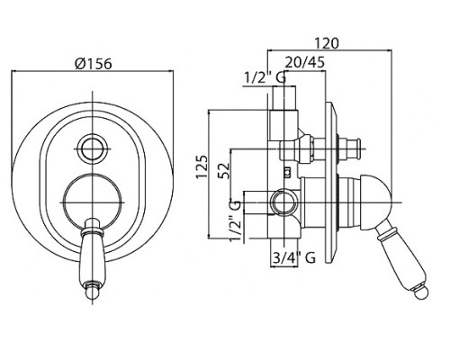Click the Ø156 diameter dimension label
click(94, 64)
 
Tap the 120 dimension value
click(327, 43)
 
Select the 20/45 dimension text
click(305, 62)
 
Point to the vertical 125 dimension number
click(202, 166)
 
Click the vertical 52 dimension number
click(224, 171)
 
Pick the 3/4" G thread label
click(294, 257)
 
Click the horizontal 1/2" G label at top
click(265, 78)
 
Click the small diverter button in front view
click(93, 148)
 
